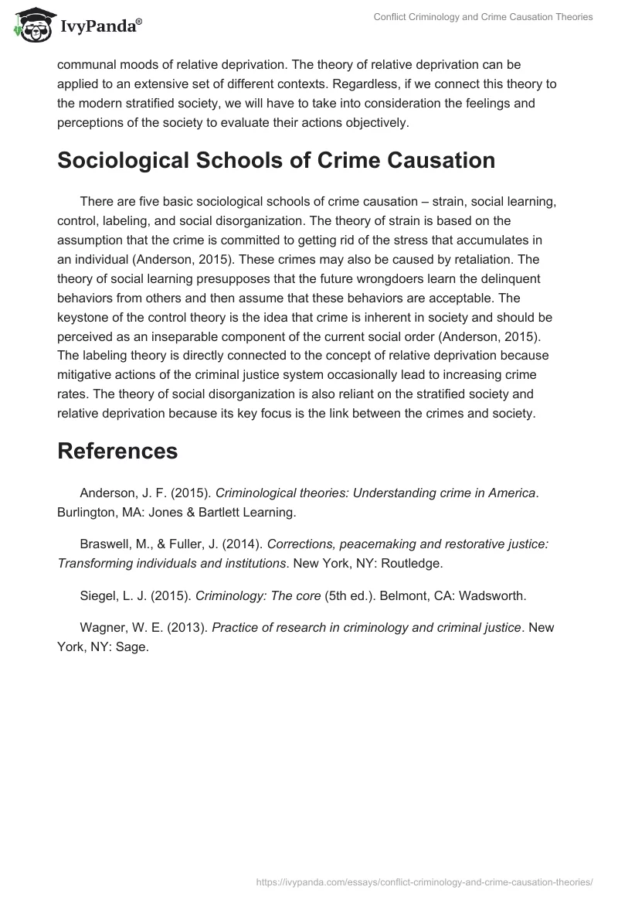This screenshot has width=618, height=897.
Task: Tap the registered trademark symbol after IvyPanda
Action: pyautogui.click(x=139, y=21)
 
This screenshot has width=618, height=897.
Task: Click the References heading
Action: pyautogui.click(x=117, y=451)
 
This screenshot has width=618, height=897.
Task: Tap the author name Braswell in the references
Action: pyautogui.click(x=106, y=544)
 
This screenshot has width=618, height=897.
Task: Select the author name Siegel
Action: pyautogui.click(x=97, y=595)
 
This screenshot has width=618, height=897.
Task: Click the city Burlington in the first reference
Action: pyautogui.click(x=87, y=512)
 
